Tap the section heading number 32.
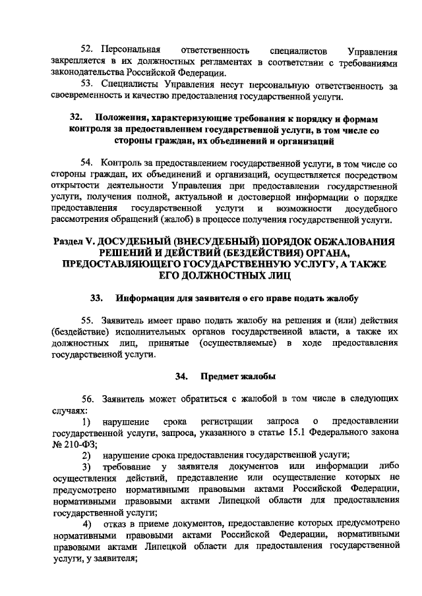pyautogui.click(x=75, y=117)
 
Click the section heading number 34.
pyautogui.click(x=181, y=377)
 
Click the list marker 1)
pyautogui.click(x=86, y=421)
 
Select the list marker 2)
pyautogui.click(x=86, y=455)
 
